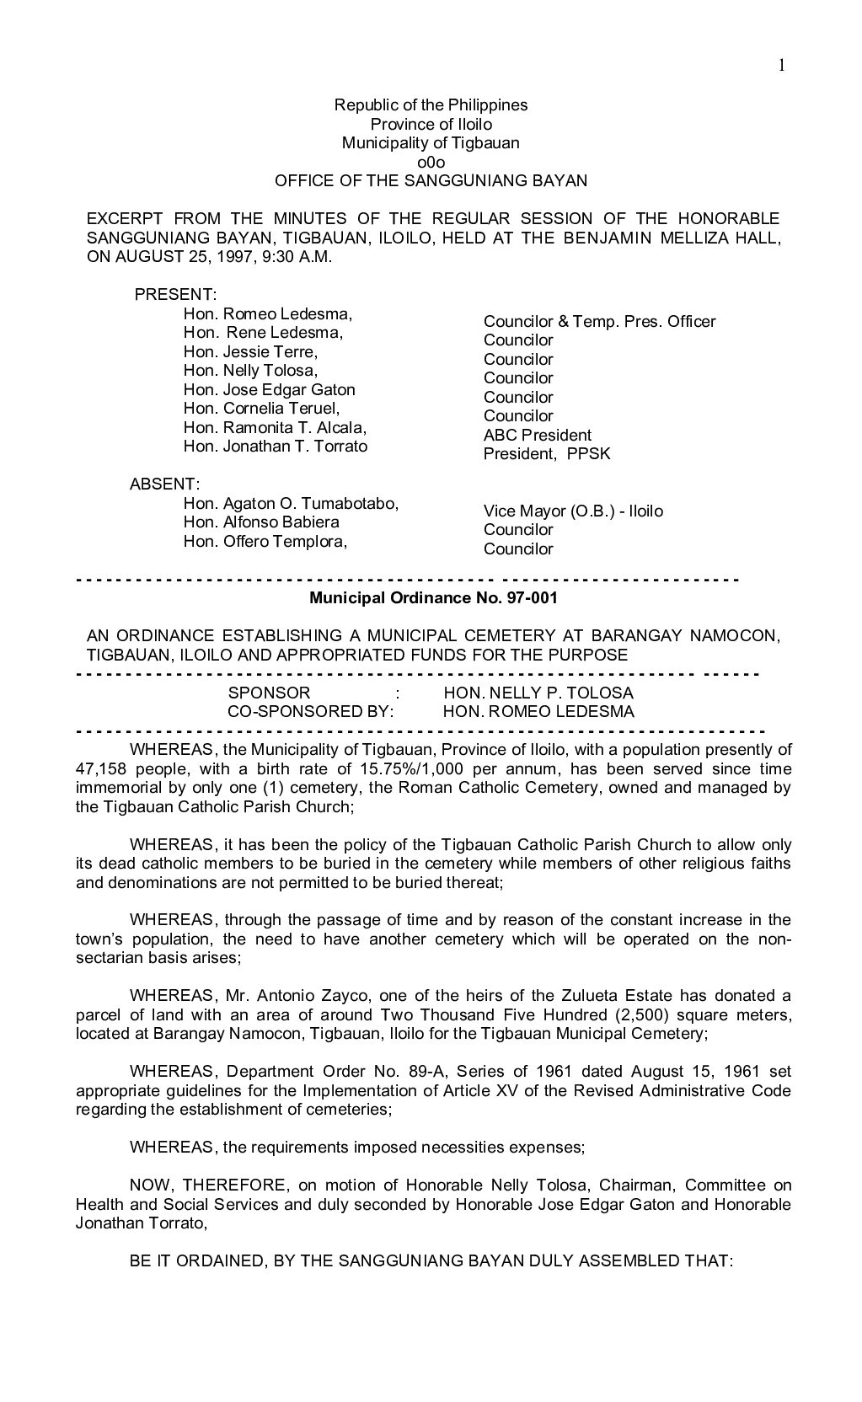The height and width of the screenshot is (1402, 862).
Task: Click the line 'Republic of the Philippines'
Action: click(x=431, y=105)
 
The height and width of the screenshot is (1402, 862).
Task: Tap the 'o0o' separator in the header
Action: click(x=431, y=162)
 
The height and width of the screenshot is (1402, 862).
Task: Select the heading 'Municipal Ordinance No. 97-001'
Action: click(x=433, y=599)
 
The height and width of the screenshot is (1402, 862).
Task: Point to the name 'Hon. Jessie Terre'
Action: click(x=250, y=351)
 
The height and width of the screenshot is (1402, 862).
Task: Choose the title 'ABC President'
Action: click(x=538, y=436)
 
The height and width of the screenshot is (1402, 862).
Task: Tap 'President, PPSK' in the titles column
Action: click(x=547, y=454)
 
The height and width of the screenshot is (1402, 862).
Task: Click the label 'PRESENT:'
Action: click(x=176, y=295)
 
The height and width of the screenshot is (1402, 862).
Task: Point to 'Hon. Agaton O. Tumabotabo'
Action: click(x=290, y=504)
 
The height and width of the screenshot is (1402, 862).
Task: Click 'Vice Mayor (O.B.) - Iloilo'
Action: click(x=573, y=511)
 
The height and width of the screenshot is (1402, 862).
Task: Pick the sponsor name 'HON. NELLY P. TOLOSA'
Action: click(x=538, y=693)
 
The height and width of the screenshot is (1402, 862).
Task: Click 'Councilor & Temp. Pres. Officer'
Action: click(x=599, y=322)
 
